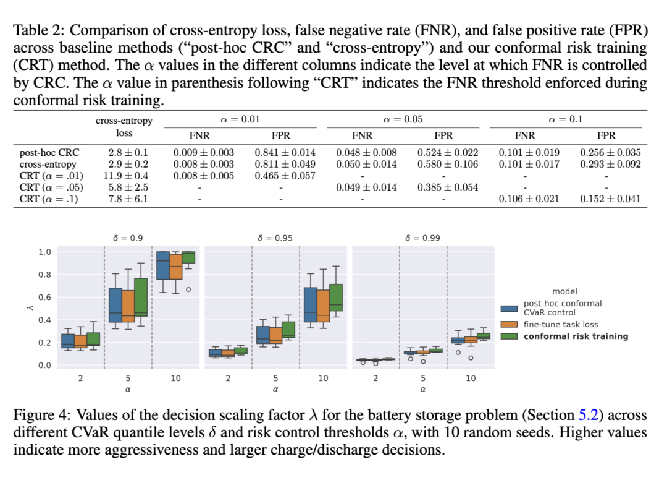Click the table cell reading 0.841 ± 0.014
(285, 152)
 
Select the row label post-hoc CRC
(49, 152)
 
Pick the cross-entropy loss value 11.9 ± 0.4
(124, 176)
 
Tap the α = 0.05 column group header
(403, 119)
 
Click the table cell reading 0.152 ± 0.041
(610, 199)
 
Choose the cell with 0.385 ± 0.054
(447, 187)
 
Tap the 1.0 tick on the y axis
(44, 252)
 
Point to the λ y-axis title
(23, 308)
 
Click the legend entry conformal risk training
(576, 336)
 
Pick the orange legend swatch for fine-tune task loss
(509, 324)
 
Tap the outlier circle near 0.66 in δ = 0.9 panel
(188, 289)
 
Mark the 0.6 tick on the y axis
(44, 298)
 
